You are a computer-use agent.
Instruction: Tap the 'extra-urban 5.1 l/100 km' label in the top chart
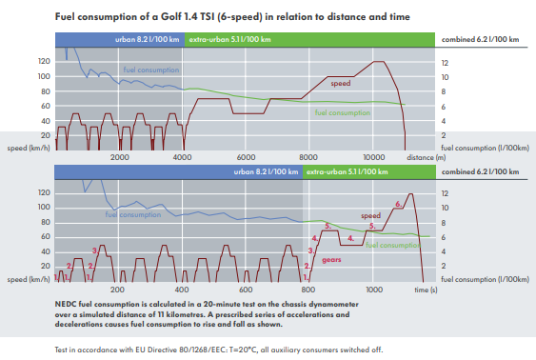point(229,39)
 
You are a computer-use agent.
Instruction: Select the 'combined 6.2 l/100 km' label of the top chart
point(482,39)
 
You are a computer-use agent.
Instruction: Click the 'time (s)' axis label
point(425,288)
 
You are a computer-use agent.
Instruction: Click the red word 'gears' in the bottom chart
point(332,258)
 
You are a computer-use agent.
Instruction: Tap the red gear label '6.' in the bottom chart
point(399,204)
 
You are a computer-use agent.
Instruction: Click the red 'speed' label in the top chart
point(341,83)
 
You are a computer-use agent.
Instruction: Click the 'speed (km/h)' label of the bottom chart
point(28,280)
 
